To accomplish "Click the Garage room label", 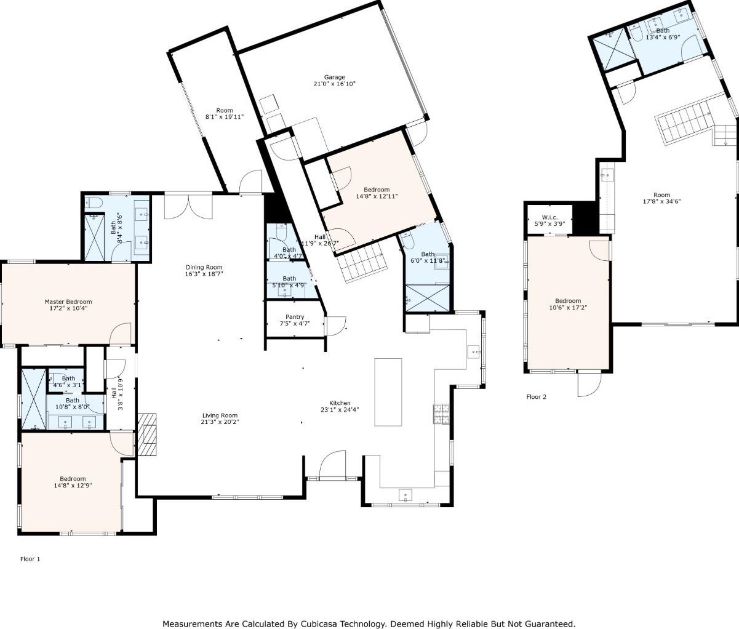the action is (x=334, y=77).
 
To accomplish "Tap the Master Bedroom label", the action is (x=68, y=302).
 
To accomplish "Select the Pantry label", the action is (x=295, y=317).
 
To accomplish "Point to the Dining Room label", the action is (x=204, y=267).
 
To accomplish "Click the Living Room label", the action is (x=220, y=415).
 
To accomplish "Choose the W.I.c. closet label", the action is (x=549, y=217).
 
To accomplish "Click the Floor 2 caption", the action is (x=537, y=397).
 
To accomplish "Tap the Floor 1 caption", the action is (x=30, y=559).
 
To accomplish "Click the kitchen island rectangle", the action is (x=388, y=392).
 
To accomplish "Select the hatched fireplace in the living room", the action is (x=147, y=435).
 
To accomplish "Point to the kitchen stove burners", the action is (x=442, y=414).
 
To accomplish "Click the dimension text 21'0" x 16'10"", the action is (x=334, y=84).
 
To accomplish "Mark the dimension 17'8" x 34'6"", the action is (x=661, y=201).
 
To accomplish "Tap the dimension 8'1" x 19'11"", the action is (x=224, y=116).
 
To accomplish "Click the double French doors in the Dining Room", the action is (x=188, y=206).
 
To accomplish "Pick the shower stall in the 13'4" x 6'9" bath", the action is (x=613, y=49).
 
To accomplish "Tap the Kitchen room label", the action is (x=340, y=403).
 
